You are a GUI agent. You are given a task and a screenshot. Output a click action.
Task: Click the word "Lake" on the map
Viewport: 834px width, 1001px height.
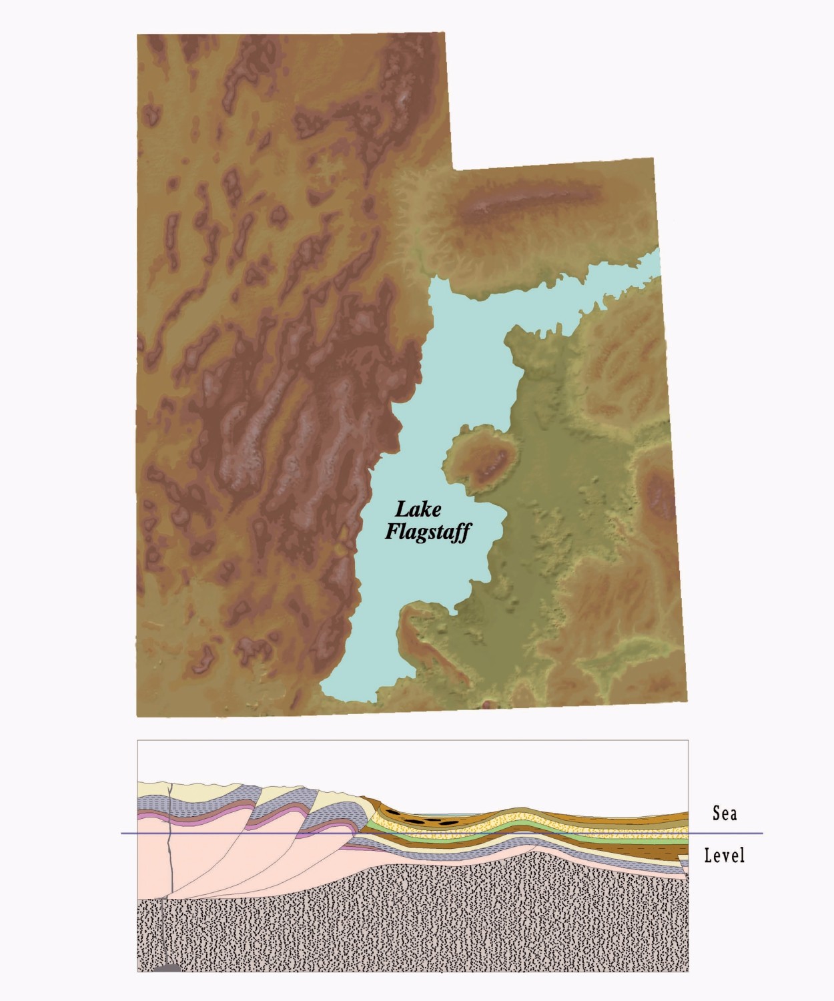tap(418, 510)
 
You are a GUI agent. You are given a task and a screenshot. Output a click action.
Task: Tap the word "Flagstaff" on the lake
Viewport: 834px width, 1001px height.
tap(428, 532)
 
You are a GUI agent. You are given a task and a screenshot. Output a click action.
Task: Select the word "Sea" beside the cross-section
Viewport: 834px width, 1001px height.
tap(725, 813)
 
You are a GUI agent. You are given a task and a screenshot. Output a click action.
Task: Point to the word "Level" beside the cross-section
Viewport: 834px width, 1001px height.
tap(725, 855)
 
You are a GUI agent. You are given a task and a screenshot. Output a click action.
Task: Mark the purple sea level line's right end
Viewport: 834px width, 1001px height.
tap(761, 833)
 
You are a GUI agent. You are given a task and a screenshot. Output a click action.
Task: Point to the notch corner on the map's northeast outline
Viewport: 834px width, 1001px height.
tap(453, 170)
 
